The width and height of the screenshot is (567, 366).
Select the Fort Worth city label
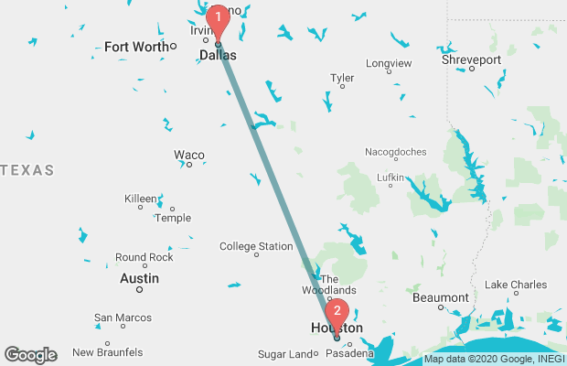coord(136,47)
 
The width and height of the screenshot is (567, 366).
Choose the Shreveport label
coord(472,59)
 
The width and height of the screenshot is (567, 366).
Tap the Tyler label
coord(342,78)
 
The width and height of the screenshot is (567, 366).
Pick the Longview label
coord(389,63)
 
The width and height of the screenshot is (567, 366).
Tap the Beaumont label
coord(441,297)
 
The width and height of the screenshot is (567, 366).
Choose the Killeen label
coord(140,198)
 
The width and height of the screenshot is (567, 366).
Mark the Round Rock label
coord(144,257)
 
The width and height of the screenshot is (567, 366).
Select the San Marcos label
coord(122,318)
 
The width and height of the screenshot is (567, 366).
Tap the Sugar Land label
coord(284,354)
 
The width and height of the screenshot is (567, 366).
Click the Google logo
coord(30,354)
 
